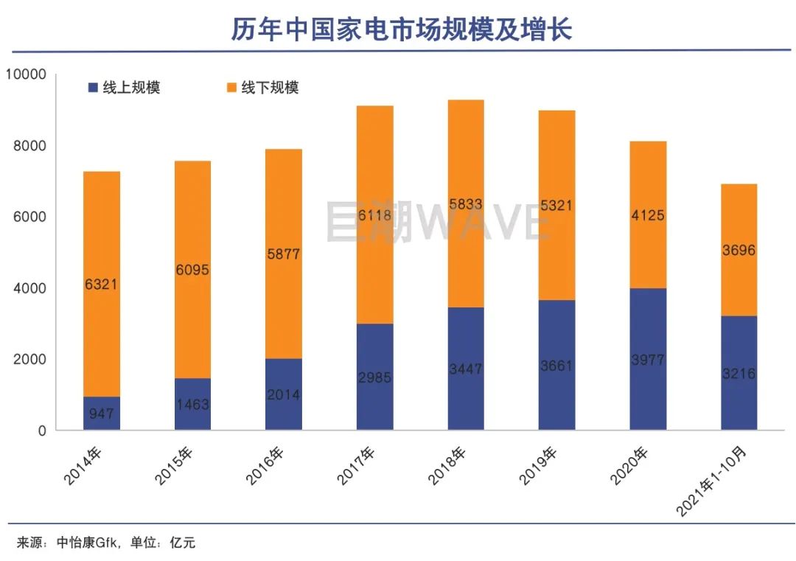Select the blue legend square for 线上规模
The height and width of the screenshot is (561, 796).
click(93, 88)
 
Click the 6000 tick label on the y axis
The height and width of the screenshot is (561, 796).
click(29, 217)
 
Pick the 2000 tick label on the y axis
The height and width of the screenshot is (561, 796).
click(29, 359)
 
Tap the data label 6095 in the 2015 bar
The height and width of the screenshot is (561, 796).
click(192, 270)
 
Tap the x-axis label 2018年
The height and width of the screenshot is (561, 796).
click(448, 466)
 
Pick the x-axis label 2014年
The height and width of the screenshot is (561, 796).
click(83, 466)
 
